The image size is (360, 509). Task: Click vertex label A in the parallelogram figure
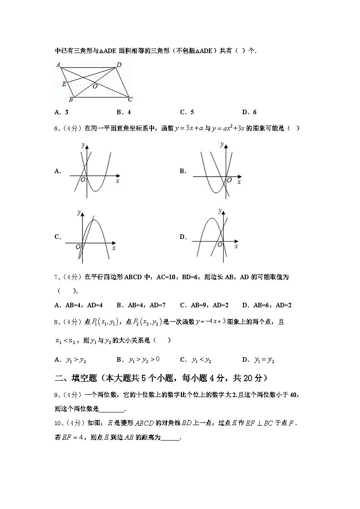[58, 64]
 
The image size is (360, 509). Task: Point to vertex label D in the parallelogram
[119, 65]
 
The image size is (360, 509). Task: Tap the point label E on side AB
[64, 84]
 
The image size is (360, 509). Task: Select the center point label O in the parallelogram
[95, 86]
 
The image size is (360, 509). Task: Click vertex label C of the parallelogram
[130, 99]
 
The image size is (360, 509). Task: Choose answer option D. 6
[249, 112]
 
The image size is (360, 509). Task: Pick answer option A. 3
[61, 112]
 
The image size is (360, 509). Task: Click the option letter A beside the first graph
[58, 171]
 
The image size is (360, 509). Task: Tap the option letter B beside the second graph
[183, 171]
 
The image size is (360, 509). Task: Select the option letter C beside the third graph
[58, 237]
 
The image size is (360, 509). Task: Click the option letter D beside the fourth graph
[183, 237]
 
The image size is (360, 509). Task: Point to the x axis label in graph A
[117, 180]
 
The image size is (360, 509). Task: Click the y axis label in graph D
[219, 211]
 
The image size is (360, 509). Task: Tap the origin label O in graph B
[229, 180]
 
